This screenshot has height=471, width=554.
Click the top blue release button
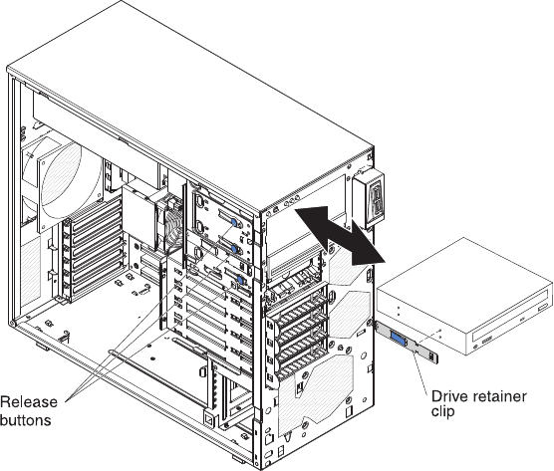pos(234,222)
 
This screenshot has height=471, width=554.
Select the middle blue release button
pos(234,249)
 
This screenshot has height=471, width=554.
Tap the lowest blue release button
pos(240,281)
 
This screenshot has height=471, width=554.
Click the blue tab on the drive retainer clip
pos(398,338)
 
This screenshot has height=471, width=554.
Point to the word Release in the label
pos(29,402)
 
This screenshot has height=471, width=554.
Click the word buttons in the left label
pos(26,420)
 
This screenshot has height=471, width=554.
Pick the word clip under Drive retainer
pos(442,411)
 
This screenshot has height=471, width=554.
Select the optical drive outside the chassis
pos(464,297)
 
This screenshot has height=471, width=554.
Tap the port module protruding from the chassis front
pos(371,199)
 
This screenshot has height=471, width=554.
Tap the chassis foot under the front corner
pos(239,459)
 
